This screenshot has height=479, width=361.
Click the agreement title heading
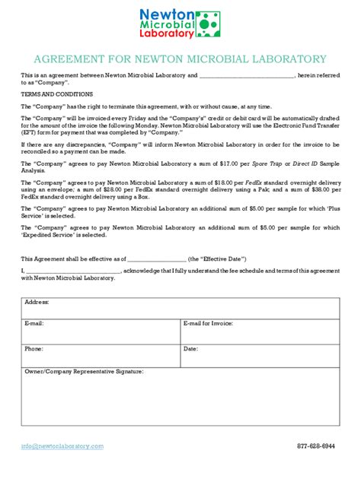tap(180, 59)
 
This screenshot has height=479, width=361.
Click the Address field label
tap(37, 302)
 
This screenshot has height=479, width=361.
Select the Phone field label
tap(34, 348)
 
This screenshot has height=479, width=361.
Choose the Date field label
tap(190, 348)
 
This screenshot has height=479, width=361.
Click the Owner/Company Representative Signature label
tap(84, 372)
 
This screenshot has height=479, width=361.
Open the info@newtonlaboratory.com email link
tap(62, 446)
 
